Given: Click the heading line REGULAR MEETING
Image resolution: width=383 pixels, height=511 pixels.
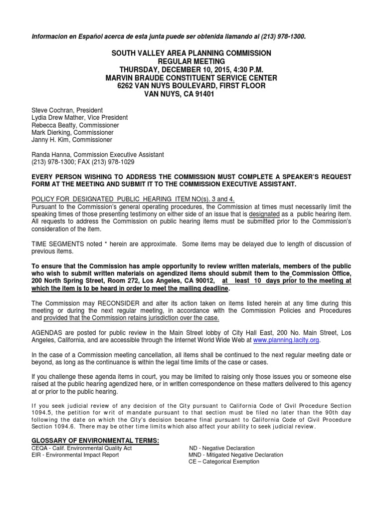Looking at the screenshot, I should coord(191,61).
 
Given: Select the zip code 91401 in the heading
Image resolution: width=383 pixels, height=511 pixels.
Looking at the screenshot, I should coord(204,94).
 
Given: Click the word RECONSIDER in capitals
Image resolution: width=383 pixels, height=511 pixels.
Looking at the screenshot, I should coord(113,303).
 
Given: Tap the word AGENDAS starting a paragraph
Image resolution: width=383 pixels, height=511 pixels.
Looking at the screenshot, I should coord(46,332).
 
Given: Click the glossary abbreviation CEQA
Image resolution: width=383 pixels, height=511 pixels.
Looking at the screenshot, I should coord(40,448).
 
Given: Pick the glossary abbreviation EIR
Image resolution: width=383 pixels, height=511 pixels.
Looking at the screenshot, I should coord(37,455).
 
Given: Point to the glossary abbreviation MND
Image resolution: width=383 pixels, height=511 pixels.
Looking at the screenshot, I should coord(195,455).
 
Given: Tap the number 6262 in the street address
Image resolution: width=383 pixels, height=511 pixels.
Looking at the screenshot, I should coord(126,86).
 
